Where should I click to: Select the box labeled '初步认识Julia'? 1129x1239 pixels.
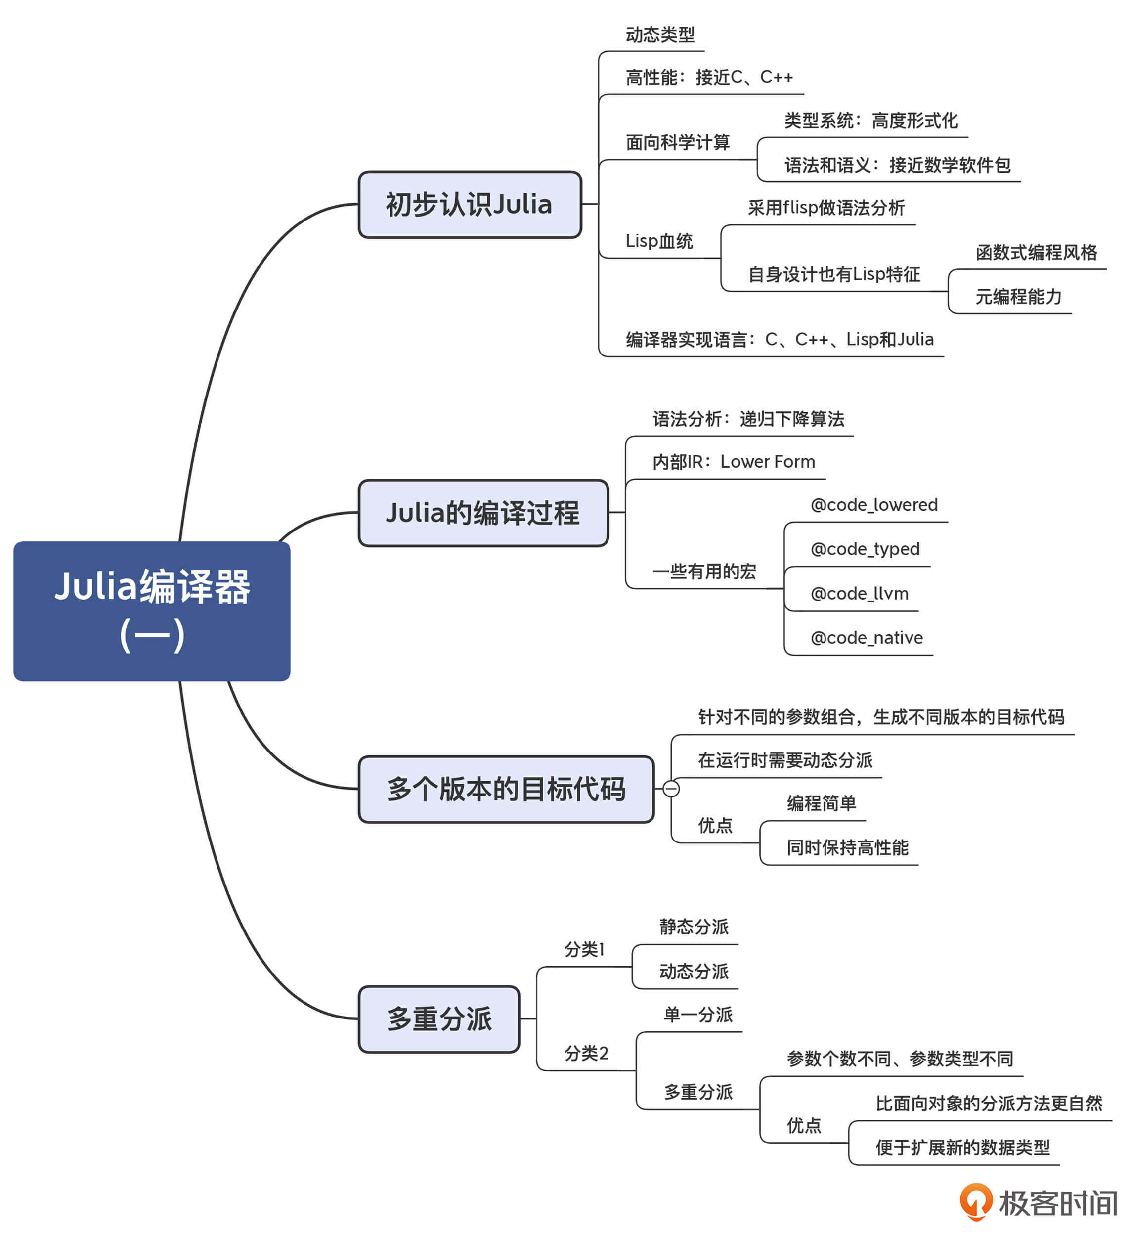[470, 204]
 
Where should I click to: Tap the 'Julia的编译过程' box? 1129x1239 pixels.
[483, 513]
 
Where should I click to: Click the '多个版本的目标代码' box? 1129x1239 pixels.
[506, 789]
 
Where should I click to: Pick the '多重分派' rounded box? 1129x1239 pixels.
[439, 1019]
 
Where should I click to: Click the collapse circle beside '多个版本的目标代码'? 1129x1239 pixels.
[671, 789]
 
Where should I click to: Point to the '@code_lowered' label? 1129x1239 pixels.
[874, 505]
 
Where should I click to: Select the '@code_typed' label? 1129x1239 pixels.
[865, 549]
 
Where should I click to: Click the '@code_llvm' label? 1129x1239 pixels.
[859, 593]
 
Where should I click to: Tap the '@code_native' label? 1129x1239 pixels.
[867, 637]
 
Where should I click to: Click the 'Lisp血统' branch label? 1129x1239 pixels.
[659, 241]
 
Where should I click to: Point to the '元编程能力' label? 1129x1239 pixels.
[1018, 296]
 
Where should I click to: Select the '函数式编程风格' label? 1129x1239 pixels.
[1036, 252]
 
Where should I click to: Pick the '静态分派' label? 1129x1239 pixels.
[694, 927]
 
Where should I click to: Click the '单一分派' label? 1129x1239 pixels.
[698, 1015]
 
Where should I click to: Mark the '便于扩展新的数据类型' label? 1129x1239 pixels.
[962, 1148]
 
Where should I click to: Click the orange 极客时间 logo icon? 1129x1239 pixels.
[976, 1200]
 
